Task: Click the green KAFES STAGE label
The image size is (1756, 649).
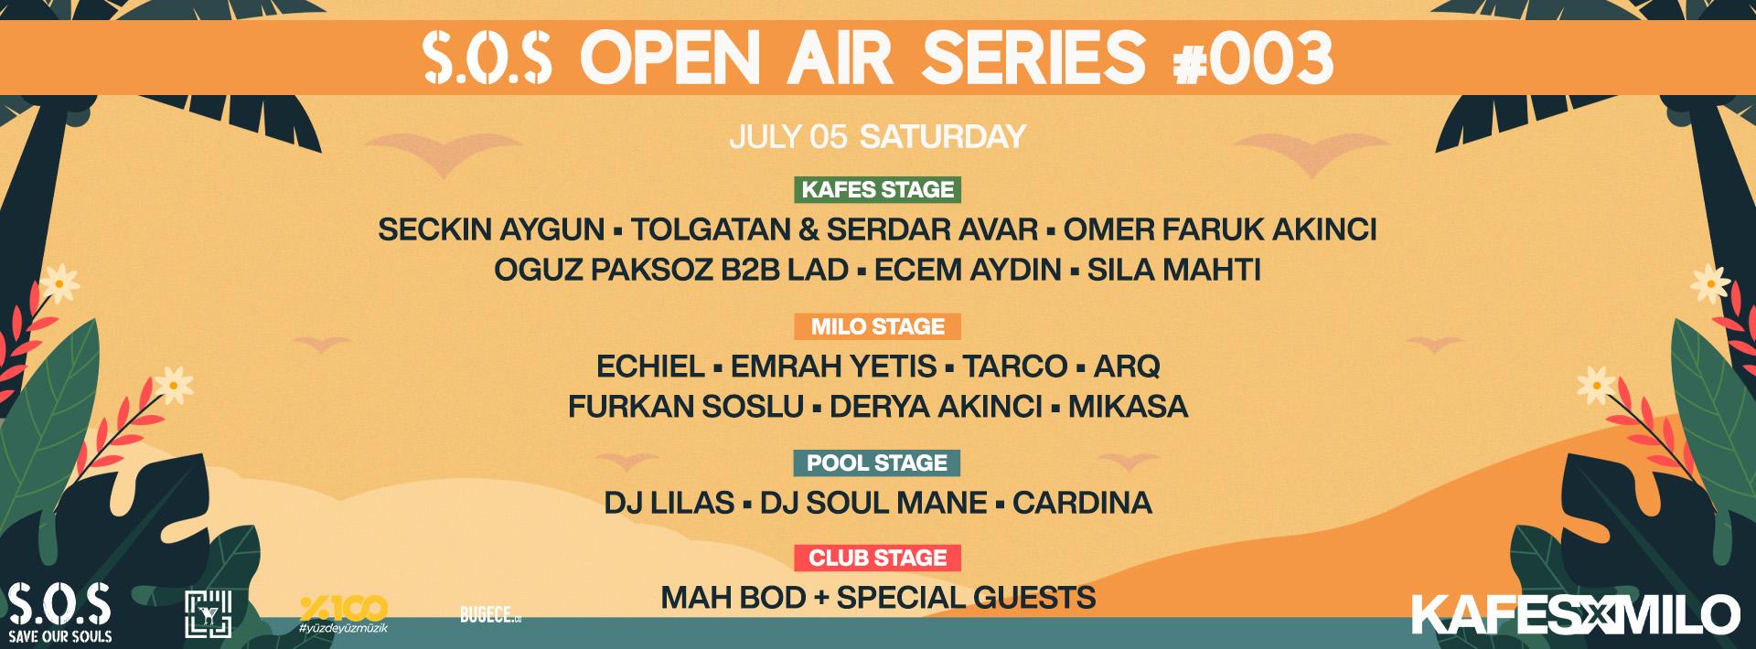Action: [878, 189]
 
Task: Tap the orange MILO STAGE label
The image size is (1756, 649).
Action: [878, 326]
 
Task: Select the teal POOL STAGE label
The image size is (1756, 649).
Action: [878, 463]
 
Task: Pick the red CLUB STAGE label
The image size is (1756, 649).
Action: [878, 558]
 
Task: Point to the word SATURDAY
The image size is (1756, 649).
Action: [943, 136]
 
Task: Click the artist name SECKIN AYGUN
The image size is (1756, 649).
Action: [491, 229]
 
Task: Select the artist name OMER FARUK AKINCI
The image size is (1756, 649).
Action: [1221, 229]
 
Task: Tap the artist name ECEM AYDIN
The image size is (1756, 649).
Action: [968, 271]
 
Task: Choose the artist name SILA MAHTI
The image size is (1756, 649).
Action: [1174, 271]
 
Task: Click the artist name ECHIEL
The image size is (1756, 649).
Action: [650, 367]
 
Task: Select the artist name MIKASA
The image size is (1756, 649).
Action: [1129, 406]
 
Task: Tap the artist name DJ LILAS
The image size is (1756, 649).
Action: [669, 503]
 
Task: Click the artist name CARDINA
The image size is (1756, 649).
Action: [1082, 503]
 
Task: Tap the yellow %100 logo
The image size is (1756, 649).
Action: [343, 615]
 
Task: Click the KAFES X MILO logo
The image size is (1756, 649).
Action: [1576, 613]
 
